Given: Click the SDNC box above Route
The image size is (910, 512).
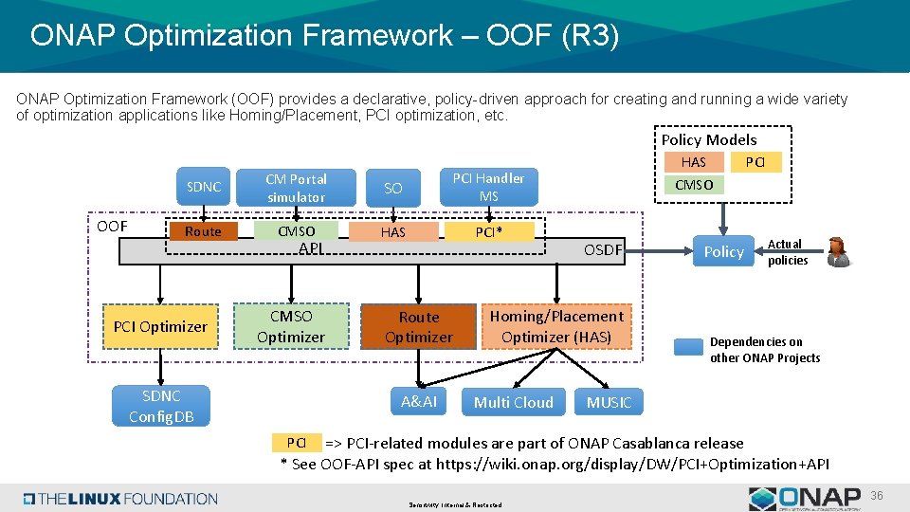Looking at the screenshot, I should [x=203, y=187].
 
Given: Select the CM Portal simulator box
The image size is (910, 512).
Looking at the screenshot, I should [x=296, y=187].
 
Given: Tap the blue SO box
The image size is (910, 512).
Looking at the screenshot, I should [x=392, y=188].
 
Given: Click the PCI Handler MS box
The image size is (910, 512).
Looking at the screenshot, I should [x=488, y=187].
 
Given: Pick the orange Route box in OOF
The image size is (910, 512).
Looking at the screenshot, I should [x=203, y=231].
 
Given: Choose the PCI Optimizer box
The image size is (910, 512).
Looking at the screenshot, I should [x=160, y=326].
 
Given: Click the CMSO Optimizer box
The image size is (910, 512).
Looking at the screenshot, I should [x=290, y=326].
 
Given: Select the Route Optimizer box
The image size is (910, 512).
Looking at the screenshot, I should [x=419, y=326].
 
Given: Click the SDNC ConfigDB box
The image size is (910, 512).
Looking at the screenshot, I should [x=160, y=406].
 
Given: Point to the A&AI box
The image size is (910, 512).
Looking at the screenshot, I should [x=419, y=402].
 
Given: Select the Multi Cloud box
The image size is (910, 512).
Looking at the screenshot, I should [x=513, y=402].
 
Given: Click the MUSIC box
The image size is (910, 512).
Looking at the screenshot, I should [x=609, y=402].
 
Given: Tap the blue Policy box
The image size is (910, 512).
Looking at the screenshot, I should [x=723, y=251].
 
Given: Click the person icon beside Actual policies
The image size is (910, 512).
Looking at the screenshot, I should [x=838, y=251].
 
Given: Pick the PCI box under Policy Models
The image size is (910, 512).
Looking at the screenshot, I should [x=755, y=162].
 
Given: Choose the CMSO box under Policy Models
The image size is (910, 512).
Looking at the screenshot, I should [x=694, y=185].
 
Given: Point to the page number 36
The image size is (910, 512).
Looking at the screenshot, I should [x=877, y=496].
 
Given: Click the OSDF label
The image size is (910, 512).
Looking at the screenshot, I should [x=603, y=250].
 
